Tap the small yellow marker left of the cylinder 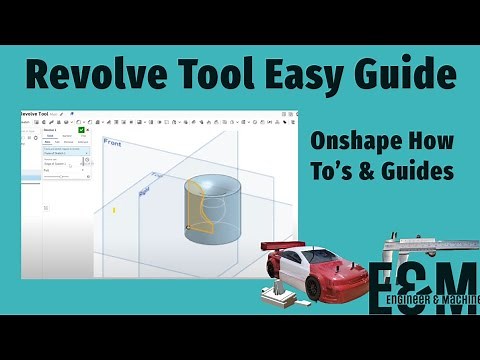115,210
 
